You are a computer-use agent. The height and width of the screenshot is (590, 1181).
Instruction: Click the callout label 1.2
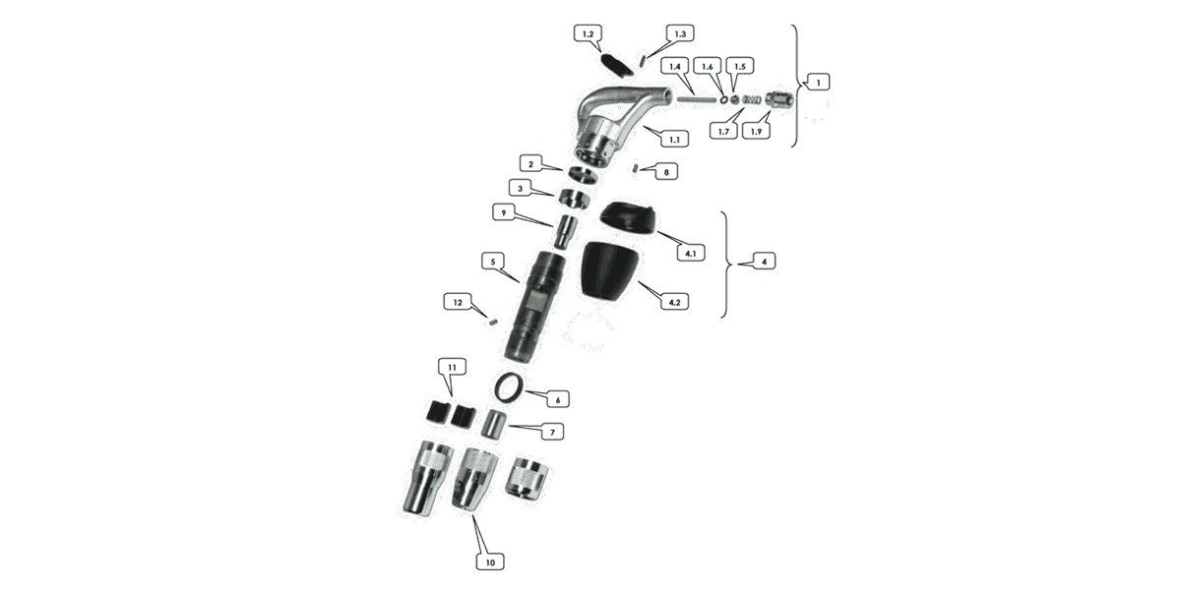click(588, 34)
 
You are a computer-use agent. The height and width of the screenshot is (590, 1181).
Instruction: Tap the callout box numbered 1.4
click(675, 66)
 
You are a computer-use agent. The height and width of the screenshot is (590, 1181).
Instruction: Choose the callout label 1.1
click(675, 140)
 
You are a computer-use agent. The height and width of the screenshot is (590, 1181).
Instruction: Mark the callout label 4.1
click(690, 253)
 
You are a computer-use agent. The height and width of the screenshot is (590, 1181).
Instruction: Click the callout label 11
click(452, 366)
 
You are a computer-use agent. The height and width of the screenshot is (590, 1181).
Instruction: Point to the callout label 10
click(490, 561)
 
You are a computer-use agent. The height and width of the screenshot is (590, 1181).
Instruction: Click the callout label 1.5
click(743, 66)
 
